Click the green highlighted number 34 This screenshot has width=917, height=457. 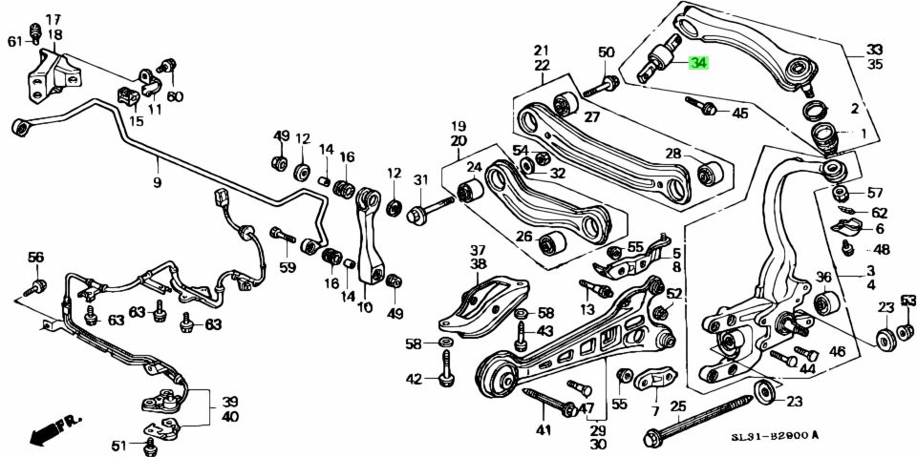click(x=699, y=64)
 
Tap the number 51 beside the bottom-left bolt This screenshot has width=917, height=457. click(x=119, y=446)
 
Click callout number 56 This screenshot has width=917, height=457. click(x=35, y=257)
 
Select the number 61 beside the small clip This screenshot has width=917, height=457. click(x=14, y=41)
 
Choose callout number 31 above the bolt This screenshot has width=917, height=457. click(x=420, y=180)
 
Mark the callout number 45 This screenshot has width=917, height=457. click(x=739, y=114)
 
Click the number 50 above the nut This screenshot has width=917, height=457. click(x=607, y=52)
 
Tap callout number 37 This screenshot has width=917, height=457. click(x=477, y=249)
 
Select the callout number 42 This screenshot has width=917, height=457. click(x=413, y=380)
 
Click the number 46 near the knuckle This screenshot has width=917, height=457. click(x=837, y=352)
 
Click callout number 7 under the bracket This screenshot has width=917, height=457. click(x=654, y=411)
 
